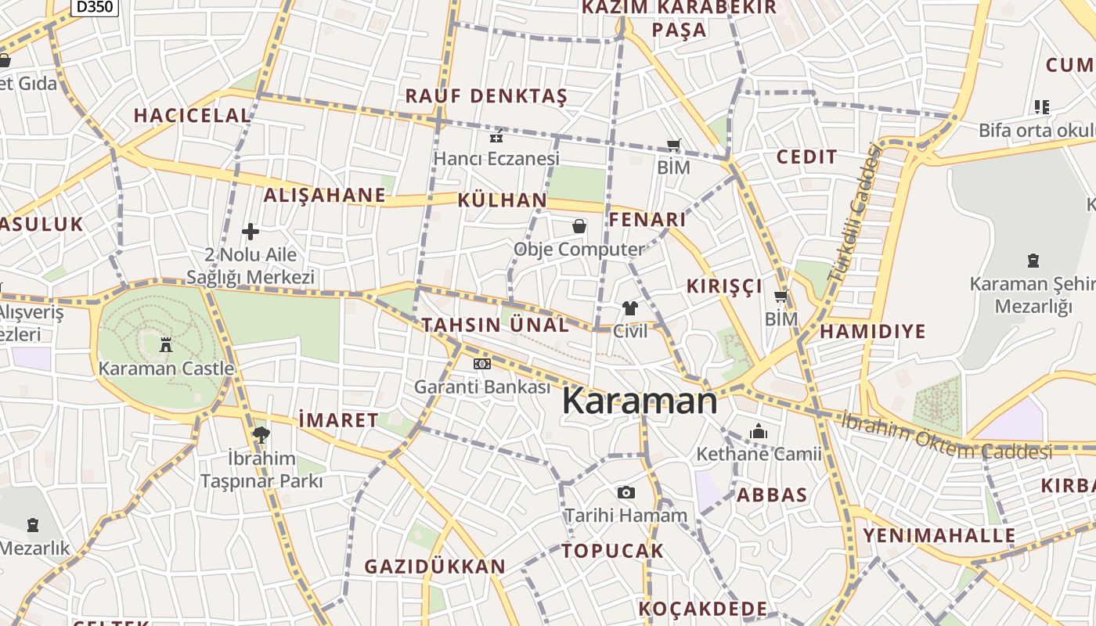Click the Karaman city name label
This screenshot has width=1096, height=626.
point(640,401)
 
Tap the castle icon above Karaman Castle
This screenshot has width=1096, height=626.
point(166,344)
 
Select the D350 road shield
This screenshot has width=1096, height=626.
point(94,7)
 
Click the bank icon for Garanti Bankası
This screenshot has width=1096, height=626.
point(482,364)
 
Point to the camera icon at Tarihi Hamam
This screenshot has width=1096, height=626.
point(626,492)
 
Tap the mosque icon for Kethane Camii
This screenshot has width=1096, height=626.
point(758,431)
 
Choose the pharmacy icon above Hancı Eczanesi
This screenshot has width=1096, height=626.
point(496,136)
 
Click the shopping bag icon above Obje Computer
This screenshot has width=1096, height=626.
point(579,226)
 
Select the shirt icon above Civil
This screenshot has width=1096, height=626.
point(630,308)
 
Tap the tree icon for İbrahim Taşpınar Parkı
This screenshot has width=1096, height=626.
point(261,434)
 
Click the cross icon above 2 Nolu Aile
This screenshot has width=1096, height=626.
point(251,232)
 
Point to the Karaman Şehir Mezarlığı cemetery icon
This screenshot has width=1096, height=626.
point(1033,261)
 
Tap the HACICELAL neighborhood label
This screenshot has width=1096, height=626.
point(192,115)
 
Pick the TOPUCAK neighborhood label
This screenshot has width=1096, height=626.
point(612,551)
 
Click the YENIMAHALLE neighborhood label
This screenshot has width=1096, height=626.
point(939,536)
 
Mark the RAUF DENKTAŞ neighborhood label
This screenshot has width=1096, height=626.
point(485,96)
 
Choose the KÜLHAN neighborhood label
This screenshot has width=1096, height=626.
point(503,200)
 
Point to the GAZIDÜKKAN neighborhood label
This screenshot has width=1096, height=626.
point(435,566)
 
